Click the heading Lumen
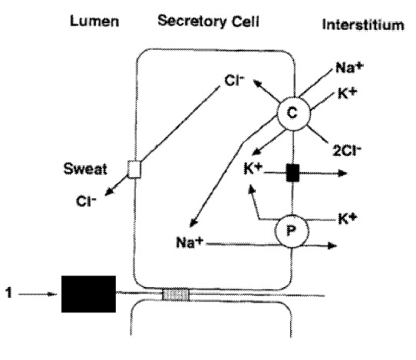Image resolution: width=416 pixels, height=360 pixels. click(94, 21)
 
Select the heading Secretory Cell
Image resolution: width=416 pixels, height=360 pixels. click(208, 21)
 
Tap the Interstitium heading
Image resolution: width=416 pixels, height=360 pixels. click(363, 25)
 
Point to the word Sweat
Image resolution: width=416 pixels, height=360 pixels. click(85, 169)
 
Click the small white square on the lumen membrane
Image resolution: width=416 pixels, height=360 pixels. click(134, 169)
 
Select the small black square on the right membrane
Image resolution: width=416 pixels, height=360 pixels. click(292, 173)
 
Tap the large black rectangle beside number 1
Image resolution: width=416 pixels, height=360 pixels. click(88, 294)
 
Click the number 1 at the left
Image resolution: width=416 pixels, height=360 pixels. click(8, 292)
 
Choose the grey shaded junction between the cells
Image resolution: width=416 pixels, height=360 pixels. click(176, 295)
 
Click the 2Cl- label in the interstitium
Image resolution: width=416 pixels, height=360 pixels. click(347, 150)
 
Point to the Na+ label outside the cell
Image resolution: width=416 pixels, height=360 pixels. click(349, 68)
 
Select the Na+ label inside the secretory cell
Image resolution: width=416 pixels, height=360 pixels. click(190, 243)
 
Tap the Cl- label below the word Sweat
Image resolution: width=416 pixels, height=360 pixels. click(86, 201)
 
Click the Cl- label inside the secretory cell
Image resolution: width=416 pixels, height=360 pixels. click(234, 81)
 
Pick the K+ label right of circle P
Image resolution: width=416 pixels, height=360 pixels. click(348, 219)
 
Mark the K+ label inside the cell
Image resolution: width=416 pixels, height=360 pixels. click(253, 169)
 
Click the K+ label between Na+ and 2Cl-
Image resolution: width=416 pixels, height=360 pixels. click(347, 93)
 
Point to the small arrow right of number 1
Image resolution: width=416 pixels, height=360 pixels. click(37, 294)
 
